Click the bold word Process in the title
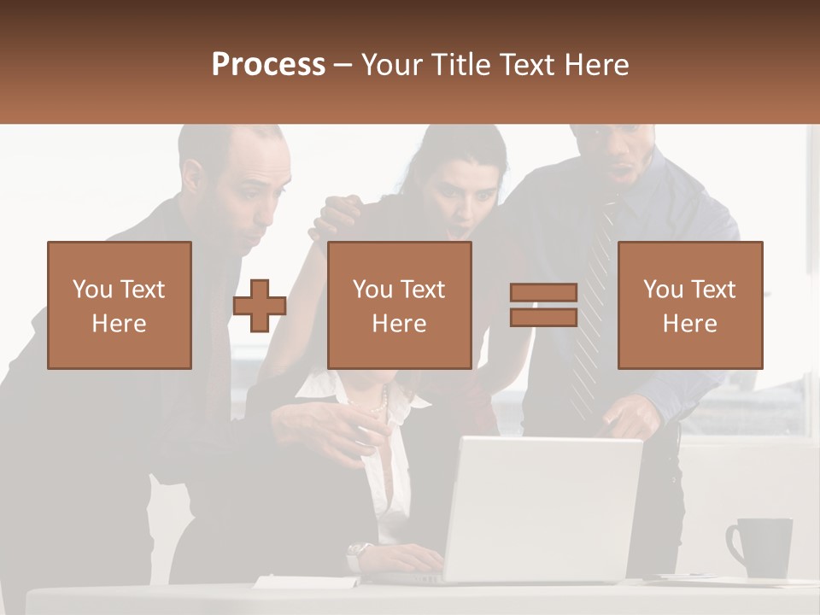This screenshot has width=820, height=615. tap(268, 64)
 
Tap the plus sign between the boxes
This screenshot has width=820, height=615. tap(260, 306)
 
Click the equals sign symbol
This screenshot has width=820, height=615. tap(543, 305)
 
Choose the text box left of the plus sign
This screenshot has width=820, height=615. tap(120, 305)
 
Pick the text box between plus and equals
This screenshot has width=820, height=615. tap(399, 305)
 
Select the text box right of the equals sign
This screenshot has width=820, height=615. tap(689, 305)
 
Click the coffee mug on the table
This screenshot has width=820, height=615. tap(763, 548)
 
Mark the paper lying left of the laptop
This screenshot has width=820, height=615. tap(307, 582)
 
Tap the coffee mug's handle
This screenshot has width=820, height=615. tap(734, 542)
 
